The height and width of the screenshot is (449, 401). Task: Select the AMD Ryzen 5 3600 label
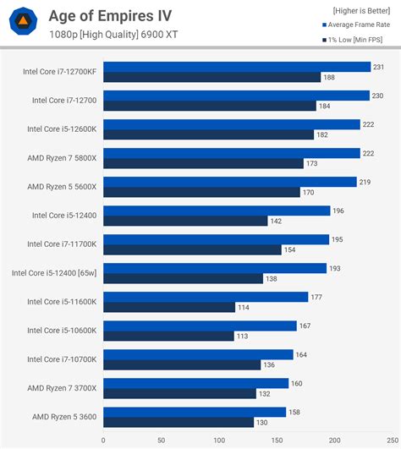(x=64, y=417)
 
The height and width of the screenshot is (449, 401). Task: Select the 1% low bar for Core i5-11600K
(x=169, y=307)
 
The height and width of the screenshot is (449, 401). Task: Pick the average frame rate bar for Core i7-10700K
(x=198, y=354)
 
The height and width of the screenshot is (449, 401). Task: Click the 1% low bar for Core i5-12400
(x=185, y=221)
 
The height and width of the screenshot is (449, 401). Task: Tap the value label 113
(x=243, y=336)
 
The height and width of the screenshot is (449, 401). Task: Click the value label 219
(x=365, y=182)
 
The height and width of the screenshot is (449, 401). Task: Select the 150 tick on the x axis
(x=277, y=440)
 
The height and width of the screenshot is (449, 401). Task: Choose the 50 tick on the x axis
(x=161, y=440)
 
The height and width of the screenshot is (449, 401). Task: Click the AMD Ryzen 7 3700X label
(x=62, y=388)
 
